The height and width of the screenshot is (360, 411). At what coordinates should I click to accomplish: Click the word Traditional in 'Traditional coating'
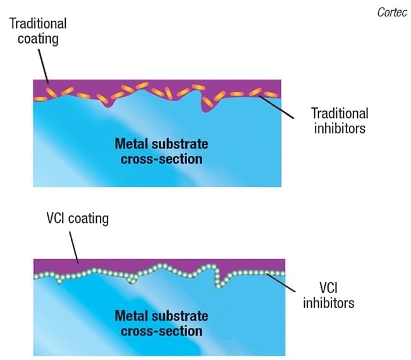coord(37,23)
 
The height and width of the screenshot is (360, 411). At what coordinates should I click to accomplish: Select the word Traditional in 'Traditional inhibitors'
coord(340,114)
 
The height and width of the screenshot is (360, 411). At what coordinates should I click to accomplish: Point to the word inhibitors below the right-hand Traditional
coord(339,129)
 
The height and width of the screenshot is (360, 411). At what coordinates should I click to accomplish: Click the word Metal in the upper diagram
coord(130,143)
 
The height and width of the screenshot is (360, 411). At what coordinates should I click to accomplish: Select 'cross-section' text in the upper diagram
coord(161,158)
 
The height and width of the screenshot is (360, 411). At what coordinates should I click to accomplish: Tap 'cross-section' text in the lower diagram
coord(161,331)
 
